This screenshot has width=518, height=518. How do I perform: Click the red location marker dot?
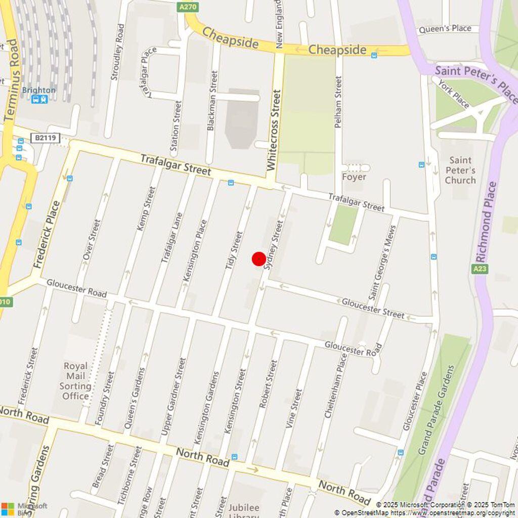[259, 259]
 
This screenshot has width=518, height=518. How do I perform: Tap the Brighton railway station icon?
[39, 99]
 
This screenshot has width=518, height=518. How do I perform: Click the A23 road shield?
[480, 269]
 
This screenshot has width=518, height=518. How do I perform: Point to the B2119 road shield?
[45, 138]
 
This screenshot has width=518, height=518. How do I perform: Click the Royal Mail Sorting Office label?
[76, 380]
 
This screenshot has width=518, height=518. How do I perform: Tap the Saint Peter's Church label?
[460, 170]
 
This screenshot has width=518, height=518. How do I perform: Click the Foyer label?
[354, 177]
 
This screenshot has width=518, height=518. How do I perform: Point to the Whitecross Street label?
[273, 130]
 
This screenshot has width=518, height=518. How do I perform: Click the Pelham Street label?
[338, 102]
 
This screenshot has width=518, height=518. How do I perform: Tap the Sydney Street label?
[274, 244]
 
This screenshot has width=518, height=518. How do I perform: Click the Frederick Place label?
[48, 235]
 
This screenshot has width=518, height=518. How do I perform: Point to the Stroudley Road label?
[117, 52]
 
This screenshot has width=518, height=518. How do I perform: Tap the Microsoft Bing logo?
[24, 508]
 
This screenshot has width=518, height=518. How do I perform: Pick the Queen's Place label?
[445, 28]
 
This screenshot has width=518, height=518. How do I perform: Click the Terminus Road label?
[11, 80]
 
